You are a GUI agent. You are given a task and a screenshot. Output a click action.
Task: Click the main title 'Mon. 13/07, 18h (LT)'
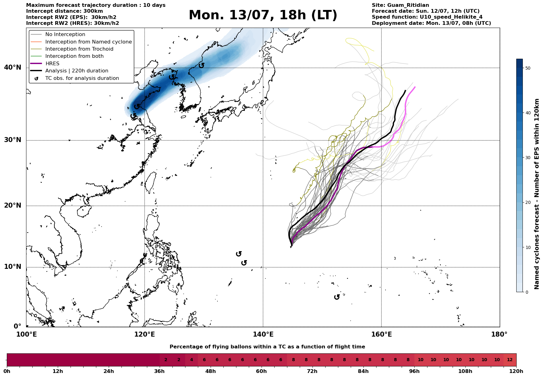[x=263, y=15]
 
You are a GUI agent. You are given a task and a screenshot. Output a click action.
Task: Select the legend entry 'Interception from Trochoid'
[x=79, y=49]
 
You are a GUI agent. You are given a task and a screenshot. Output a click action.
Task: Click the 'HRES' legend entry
[x=52, y=63]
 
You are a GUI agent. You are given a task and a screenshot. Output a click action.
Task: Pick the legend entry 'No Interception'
[x=65, y=34]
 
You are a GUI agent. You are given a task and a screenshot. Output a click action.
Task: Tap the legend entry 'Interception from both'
[x=75, y=56]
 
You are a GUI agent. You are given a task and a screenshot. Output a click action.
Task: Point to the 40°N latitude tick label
[x=13, y=67]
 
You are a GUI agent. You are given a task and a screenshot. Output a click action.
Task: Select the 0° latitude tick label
[x=17, y=326]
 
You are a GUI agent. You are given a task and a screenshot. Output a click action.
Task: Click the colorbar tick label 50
[x=527, y=68]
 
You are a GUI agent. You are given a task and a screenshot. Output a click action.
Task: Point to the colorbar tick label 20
[x=527, y=203]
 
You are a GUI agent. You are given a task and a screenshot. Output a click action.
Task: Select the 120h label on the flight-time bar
[x=516, y=371]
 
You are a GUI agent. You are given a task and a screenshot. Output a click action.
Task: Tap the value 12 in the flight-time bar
[x=510, y=360]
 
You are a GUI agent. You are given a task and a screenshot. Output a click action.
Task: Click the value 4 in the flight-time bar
[x=191, y=360]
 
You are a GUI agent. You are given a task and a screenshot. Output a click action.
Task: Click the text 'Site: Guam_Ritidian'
[x=400, y=5]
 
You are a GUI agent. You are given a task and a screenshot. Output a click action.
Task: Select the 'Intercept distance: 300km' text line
[x=65, y=11]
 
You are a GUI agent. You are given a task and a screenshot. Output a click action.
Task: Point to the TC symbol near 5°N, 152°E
[x=337, y=297]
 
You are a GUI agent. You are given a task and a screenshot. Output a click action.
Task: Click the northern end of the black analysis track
[x=405, y=90]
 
